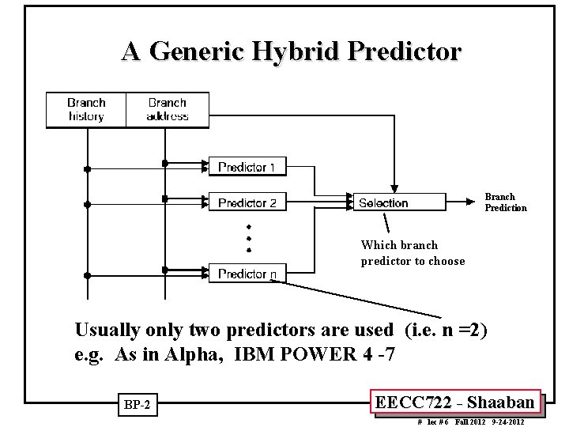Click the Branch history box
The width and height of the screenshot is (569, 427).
(x=86, y=110)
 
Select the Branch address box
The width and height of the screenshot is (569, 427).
(x=167, y=110)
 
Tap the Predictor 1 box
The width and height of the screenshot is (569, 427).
(x=247, y=167)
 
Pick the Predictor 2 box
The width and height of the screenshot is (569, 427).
(x=247, y=202)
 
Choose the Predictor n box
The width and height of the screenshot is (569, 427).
(x=247, y=274)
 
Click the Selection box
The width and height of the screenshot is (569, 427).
(x=383, y=202)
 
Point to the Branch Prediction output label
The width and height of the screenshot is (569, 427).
(x=505, y=202)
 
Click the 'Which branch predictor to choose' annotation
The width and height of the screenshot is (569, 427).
(x=413, y=253)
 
